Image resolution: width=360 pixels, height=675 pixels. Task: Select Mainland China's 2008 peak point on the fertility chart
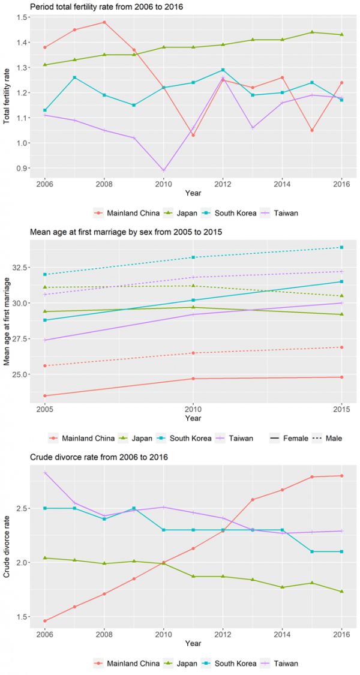[x=104, y=22]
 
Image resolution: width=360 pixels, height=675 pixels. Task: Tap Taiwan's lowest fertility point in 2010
[x=163, y=170]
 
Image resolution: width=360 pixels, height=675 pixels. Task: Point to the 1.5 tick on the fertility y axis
[x=22, y=17]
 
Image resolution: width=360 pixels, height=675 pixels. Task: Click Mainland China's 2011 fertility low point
[x=193, y=135]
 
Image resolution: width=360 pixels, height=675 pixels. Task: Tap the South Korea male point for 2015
[x=341, y=247]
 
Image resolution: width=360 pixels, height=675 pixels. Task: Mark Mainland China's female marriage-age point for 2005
[x=46, y=395]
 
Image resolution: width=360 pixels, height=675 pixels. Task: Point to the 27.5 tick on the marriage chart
[x=20, y=339]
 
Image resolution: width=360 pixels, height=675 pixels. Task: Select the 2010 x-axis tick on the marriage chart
[x=193, y=409]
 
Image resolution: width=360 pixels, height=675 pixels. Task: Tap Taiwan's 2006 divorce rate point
[x=46, y=473]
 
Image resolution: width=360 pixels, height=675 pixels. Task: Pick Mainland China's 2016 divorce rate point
[x=341, y=476]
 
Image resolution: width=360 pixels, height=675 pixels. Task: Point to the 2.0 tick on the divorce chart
[x=22, y=562]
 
